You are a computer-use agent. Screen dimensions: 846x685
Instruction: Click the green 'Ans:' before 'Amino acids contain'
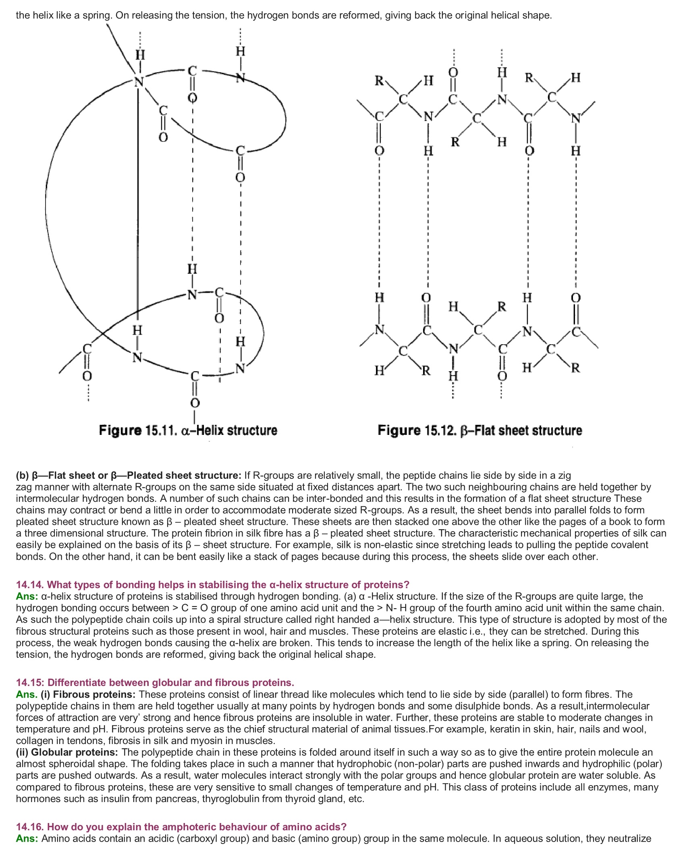pyautogui.click(x=27, y=839)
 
